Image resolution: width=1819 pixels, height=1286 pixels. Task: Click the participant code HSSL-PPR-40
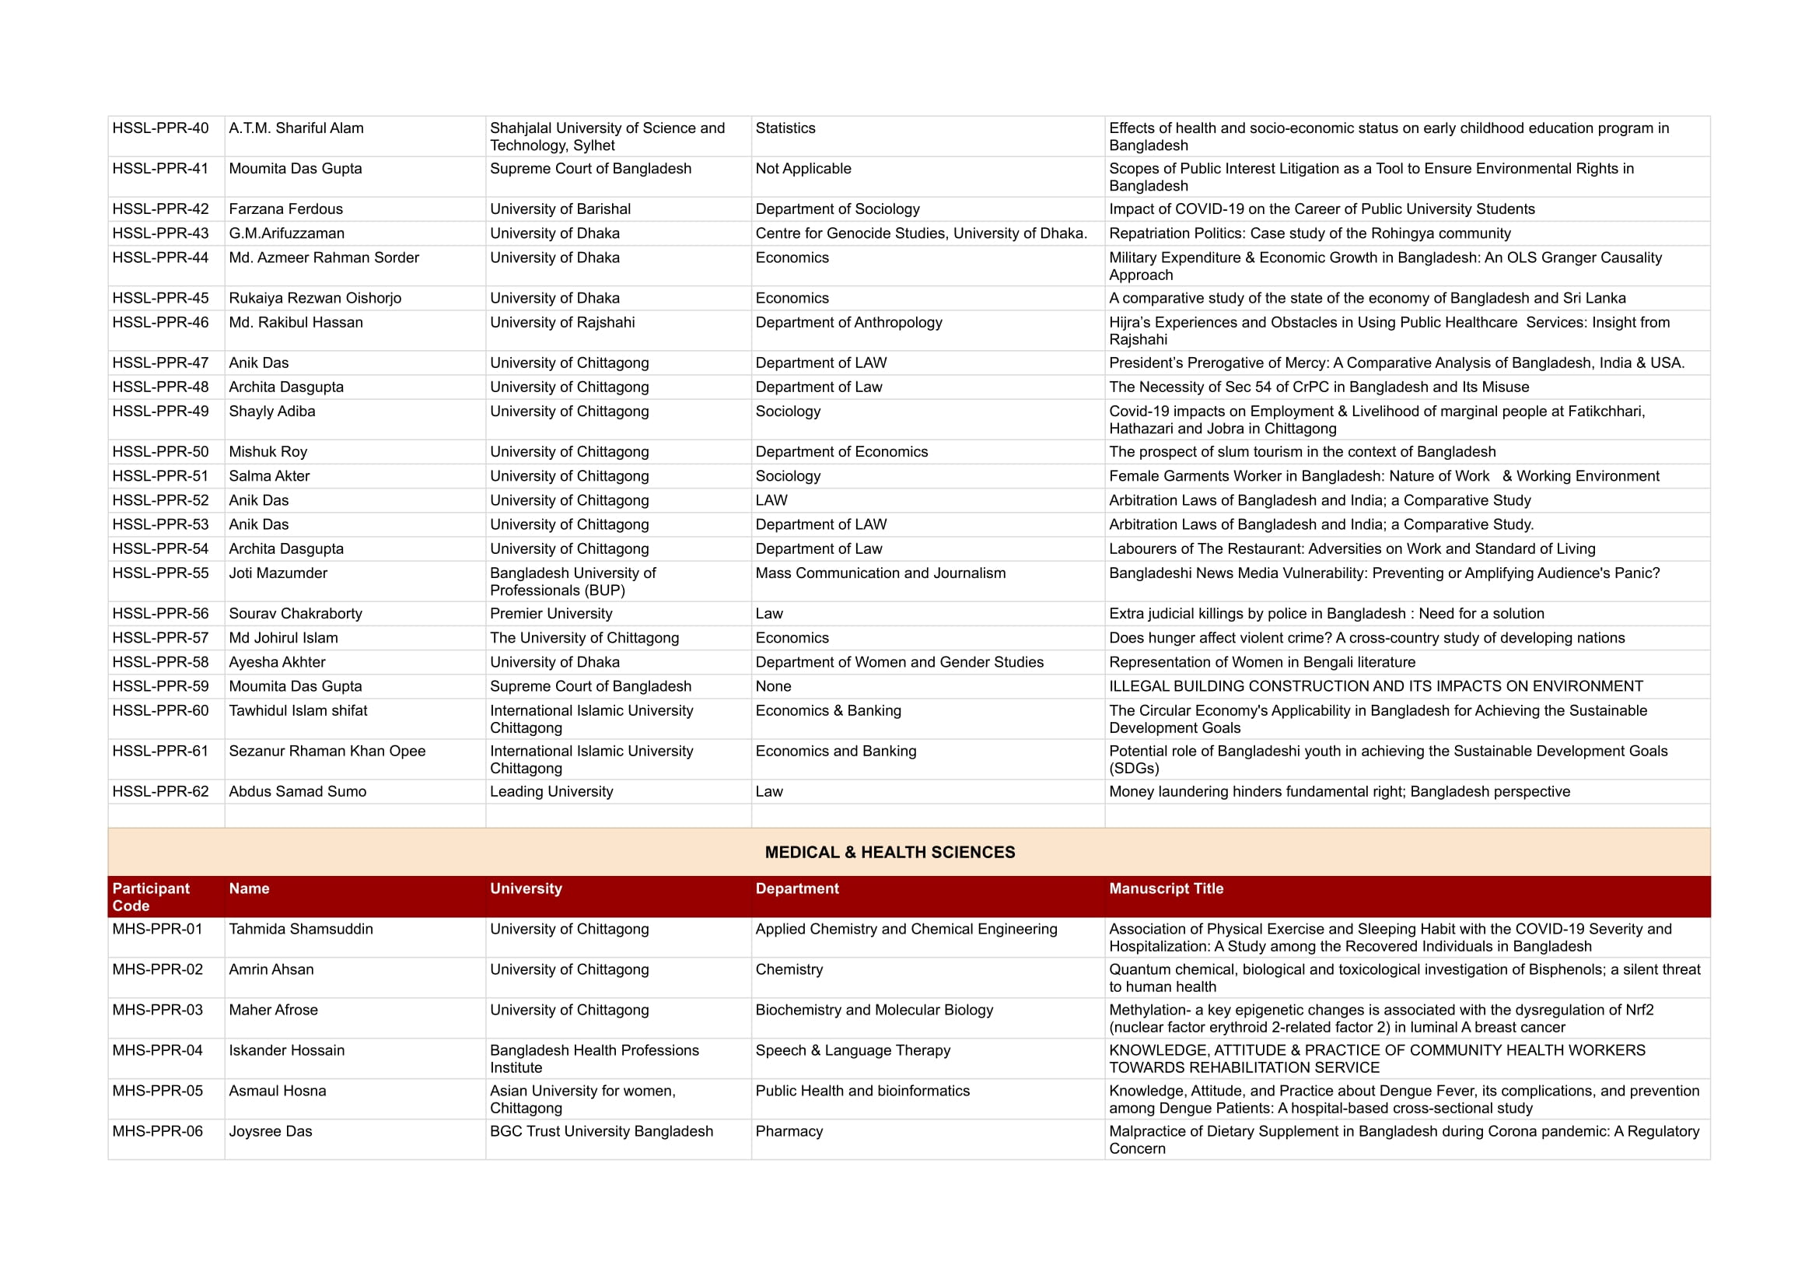point(160,128)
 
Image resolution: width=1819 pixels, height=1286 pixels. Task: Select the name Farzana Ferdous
point(285,209)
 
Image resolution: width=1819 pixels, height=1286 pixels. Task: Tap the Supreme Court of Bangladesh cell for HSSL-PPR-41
point(590,169)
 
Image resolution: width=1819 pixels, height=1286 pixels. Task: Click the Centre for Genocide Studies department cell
point(921,233)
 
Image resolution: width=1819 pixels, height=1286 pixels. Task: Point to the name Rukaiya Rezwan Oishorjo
point(314,299)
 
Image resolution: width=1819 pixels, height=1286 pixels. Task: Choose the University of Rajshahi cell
point(561,323)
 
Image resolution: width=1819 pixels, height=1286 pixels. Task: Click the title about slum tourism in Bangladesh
point(1302,452)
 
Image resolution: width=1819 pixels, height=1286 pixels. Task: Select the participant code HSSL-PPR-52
point(160,501)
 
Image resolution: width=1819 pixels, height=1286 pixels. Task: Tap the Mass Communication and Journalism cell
point(880,573)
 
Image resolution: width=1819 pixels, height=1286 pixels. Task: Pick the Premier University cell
point(551,614)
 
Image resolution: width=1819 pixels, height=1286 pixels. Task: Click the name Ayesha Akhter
point(277,662)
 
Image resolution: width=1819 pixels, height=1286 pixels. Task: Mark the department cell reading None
point(772,687)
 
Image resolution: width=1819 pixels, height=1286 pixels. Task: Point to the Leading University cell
point(551,791)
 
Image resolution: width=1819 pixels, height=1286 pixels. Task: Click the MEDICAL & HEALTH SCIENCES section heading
point(889,853)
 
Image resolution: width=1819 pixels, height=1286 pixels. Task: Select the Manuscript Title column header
point(1166,889)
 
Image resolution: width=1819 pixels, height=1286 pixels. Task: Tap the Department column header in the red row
point(796,889)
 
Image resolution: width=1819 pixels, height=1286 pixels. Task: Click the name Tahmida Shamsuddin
point(300,930)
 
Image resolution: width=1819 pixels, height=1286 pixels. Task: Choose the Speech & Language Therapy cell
point(852,1051)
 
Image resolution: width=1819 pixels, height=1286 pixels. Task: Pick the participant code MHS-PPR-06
point(157,1131)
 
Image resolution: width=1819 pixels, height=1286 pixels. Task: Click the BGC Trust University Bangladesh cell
point(600,1131)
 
